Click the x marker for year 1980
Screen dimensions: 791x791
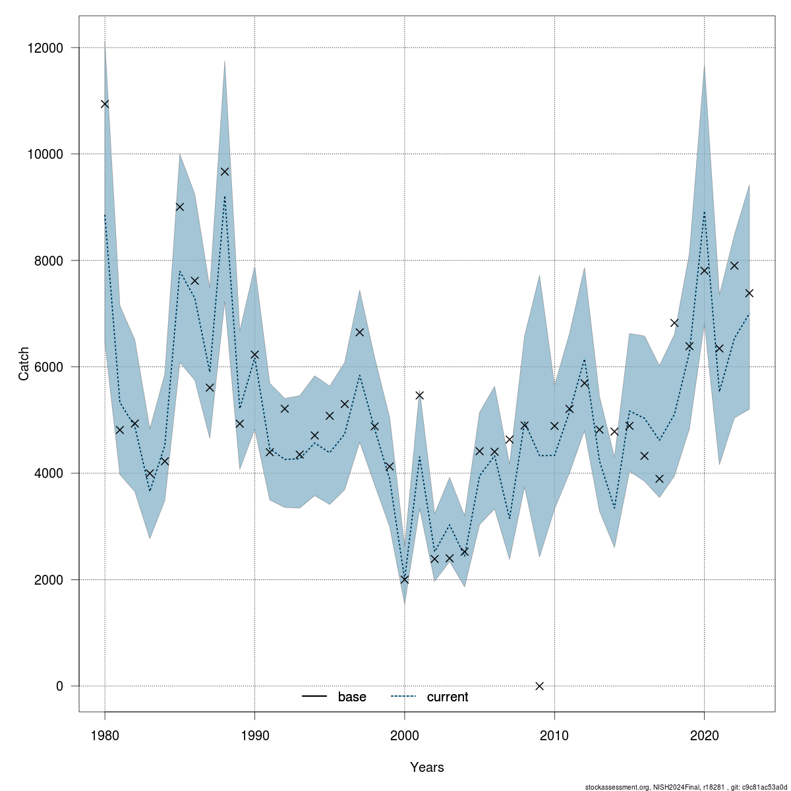tap(105, 103)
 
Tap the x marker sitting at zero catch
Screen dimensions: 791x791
tap(540, 686)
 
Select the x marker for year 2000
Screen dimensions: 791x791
tap(405, 579)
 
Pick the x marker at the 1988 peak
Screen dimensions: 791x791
tap(225, 171)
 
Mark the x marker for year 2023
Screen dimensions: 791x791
tap(749, 293)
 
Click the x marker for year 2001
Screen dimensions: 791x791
tap(419, 395)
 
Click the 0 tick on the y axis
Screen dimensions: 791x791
tap(59, 686)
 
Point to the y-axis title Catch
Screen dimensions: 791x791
tap(24, 363)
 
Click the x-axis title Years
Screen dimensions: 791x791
tap(426, 767)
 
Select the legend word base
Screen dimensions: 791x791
tap(352, 697)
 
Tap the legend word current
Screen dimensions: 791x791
tap(448, 697)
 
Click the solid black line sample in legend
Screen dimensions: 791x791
tap(315, 697)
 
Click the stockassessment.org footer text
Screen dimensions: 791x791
tap(686, 786)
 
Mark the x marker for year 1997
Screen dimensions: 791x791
tap(359, 332)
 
